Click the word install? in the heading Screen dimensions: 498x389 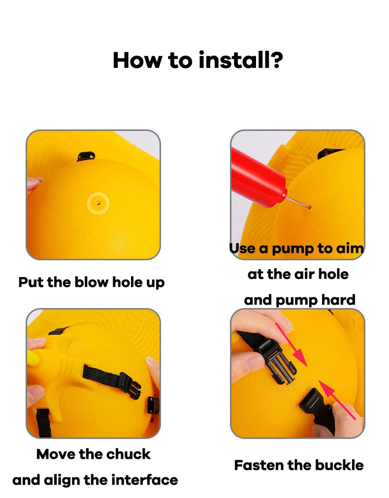tap(241, 60)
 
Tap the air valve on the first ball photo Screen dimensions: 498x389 tap(98, 202)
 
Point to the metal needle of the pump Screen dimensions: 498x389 tap(298, 201)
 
